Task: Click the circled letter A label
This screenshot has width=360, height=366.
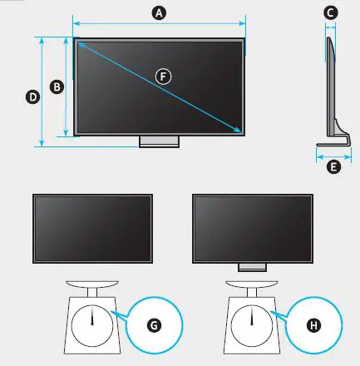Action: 160,12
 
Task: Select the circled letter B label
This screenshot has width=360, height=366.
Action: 55,86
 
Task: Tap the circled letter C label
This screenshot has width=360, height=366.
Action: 331,12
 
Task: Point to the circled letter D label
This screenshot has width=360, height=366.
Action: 32,96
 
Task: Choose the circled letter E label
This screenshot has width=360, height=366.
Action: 333,167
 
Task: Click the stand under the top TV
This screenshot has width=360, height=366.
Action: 159,141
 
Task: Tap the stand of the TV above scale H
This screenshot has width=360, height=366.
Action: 252,267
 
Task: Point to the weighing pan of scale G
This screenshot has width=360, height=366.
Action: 93,282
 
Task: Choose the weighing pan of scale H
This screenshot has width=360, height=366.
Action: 252,282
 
